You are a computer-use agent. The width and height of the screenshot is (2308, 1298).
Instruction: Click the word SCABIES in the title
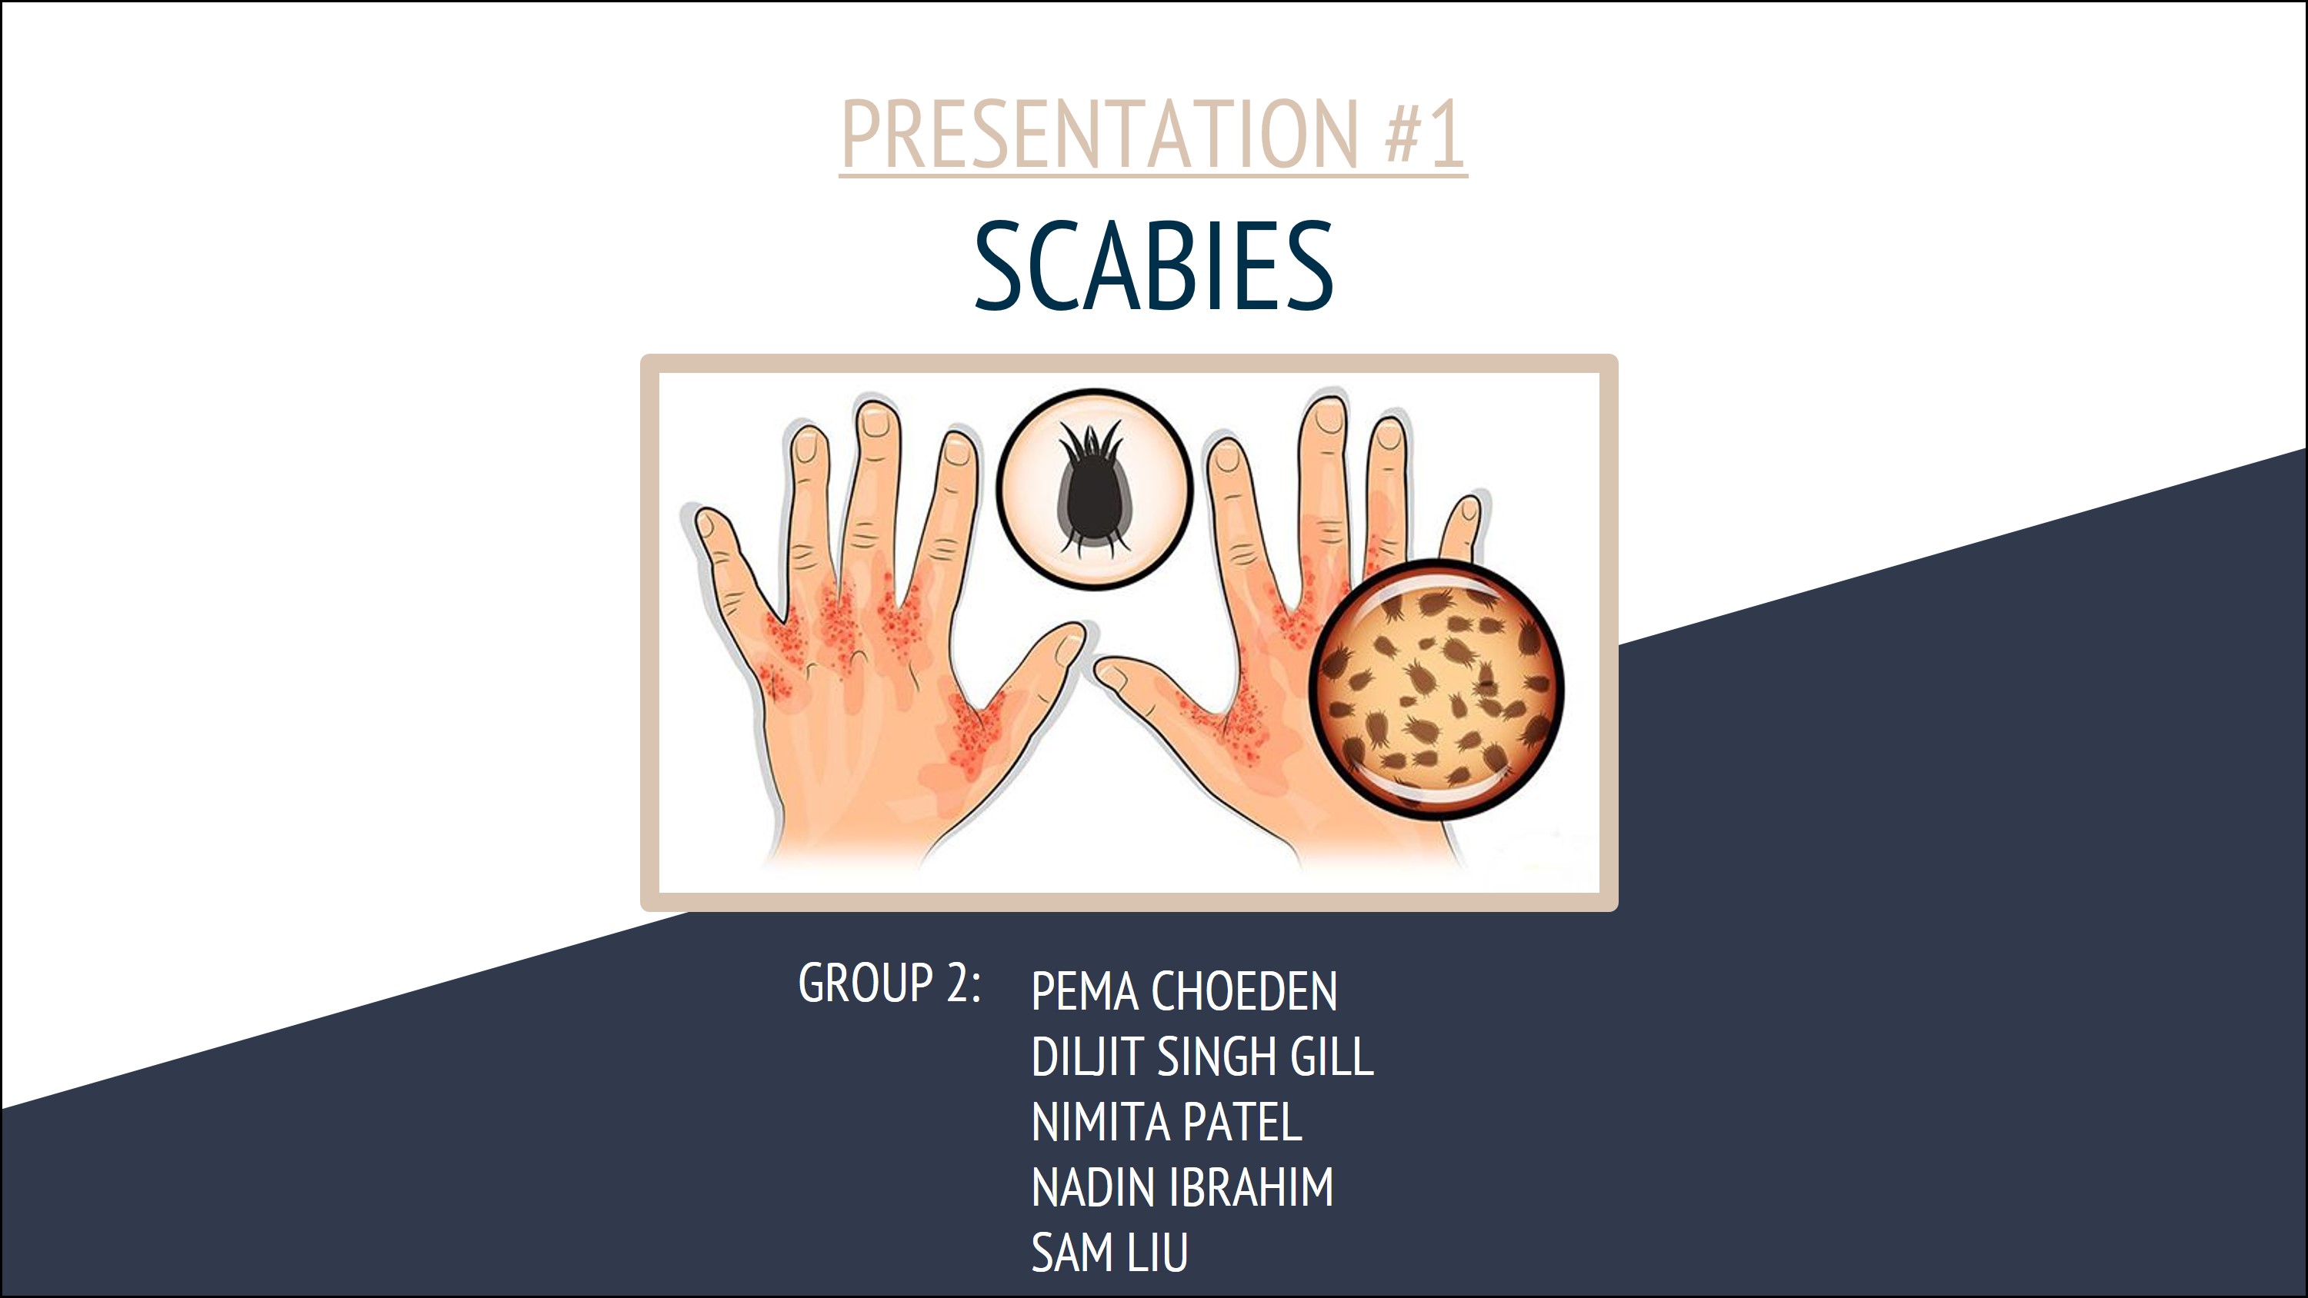[x=1154, y=267]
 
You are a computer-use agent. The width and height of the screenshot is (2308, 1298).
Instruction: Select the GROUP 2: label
[x=889, y=983]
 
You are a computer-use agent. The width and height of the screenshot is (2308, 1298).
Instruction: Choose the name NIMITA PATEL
[x=1166, y=1122]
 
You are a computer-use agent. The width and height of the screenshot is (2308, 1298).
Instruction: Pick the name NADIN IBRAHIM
[x=1182, y=1187]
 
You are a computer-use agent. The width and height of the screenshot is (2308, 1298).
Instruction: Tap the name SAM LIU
[x=1110, y=1253]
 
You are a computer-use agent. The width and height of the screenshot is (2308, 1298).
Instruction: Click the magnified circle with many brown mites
[x=1436, y=689]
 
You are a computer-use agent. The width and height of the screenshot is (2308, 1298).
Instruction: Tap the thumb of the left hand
[x=1030, y=681]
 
